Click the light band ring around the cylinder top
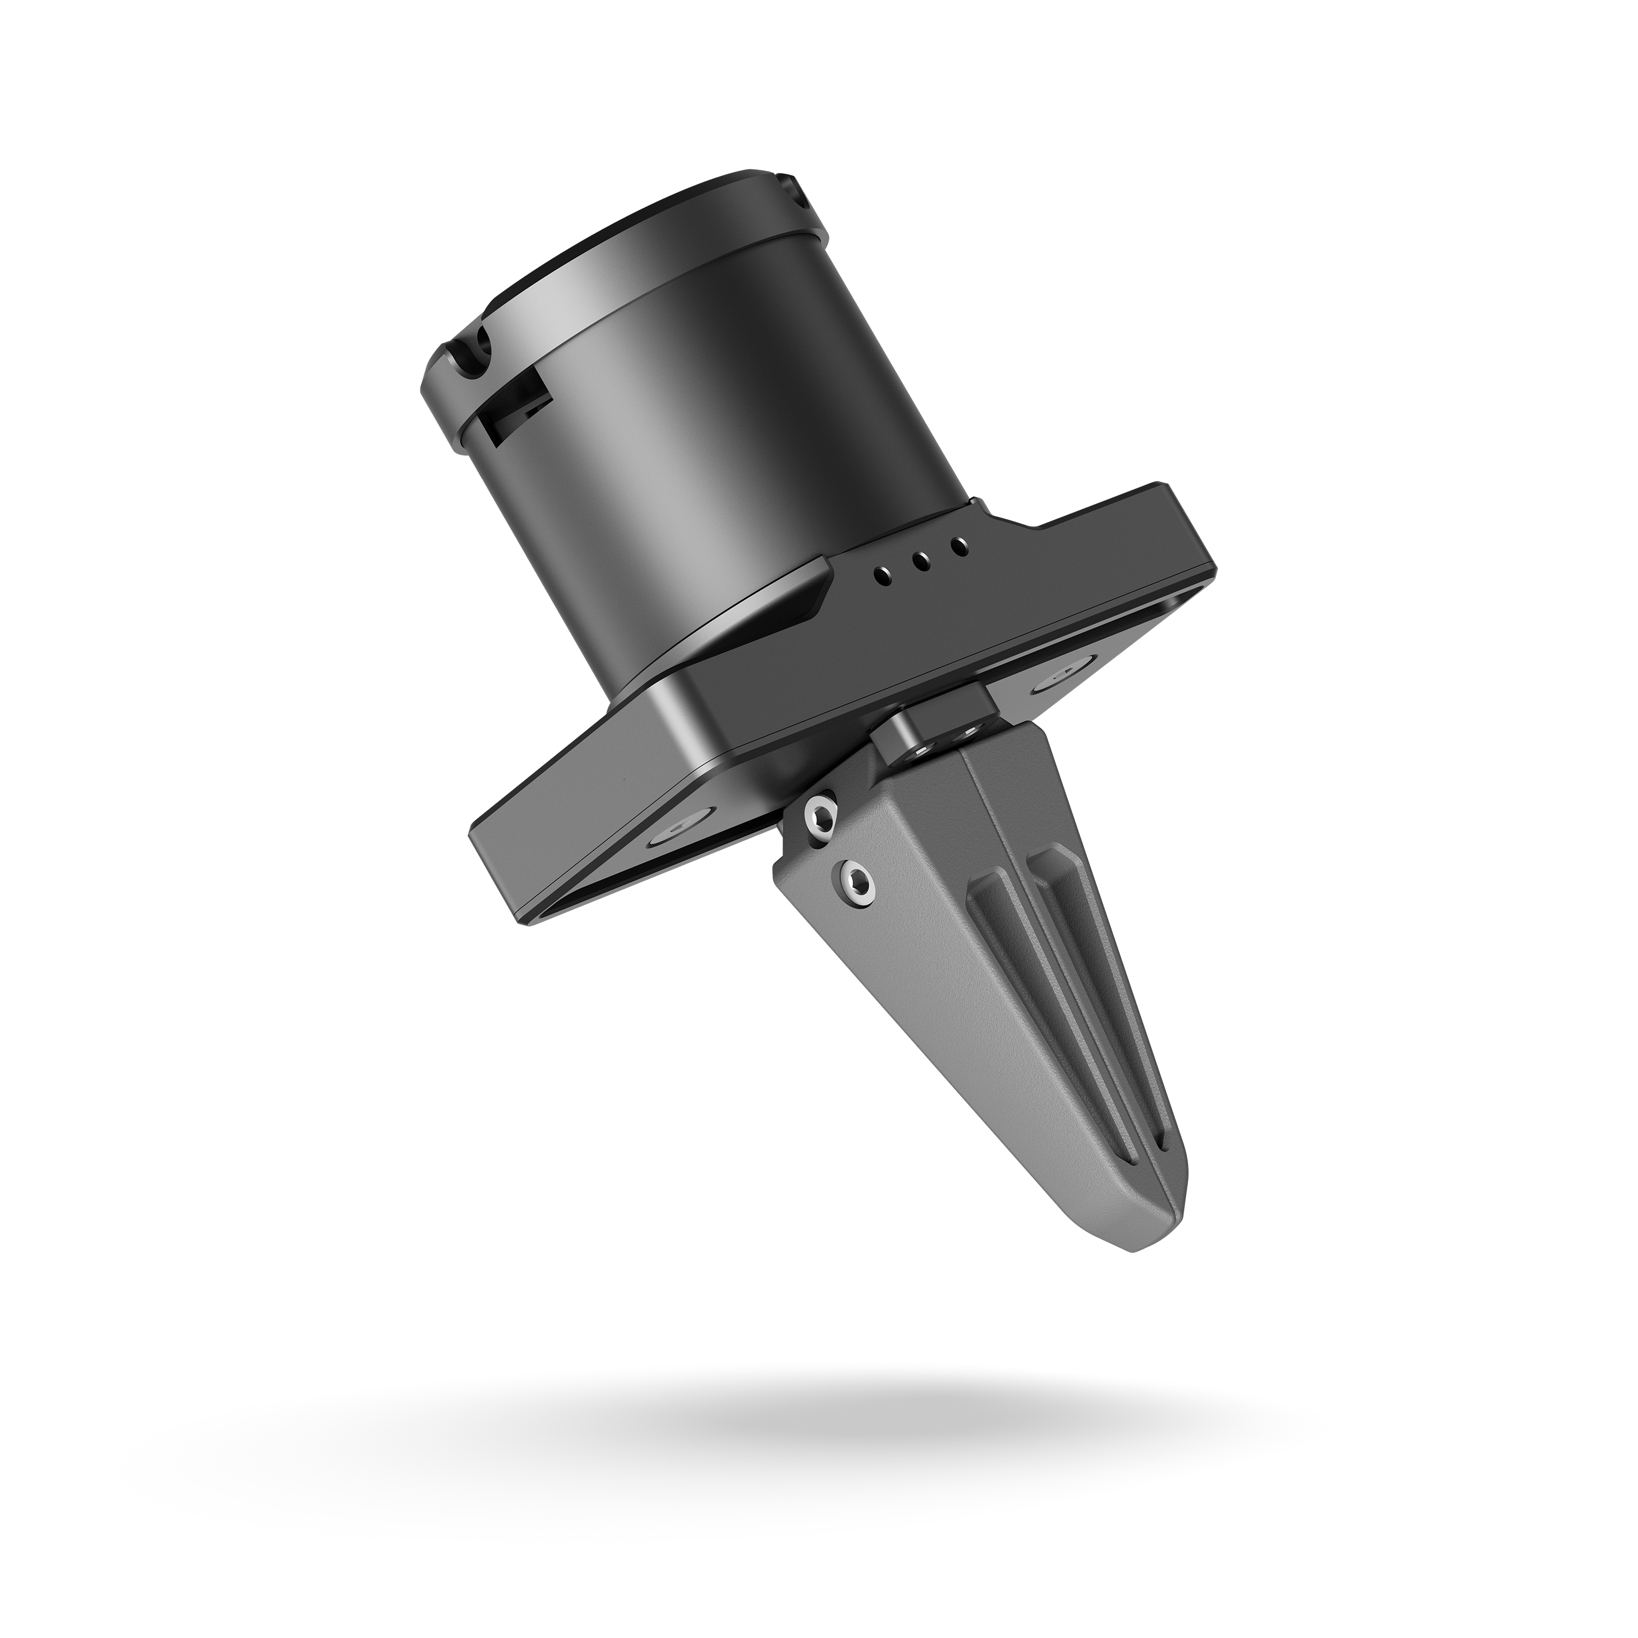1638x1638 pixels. (x=627, y=280)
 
